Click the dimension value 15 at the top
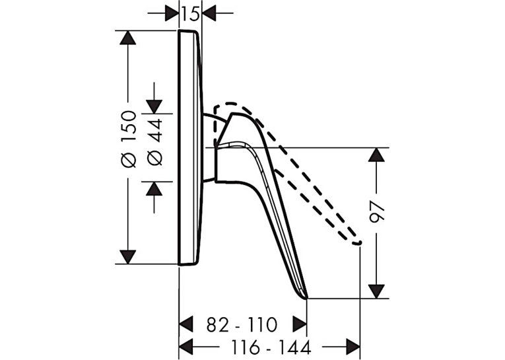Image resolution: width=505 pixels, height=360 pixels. (190, 14)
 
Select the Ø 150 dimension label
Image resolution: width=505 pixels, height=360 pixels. (129, 139)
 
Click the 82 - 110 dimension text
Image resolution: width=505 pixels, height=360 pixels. (242, 324)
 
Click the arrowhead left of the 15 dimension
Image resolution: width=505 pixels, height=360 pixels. (172, 13)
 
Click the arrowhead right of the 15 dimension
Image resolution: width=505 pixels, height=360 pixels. (209, 13)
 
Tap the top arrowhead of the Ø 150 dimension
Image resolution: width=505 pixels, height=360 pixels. (128, 38)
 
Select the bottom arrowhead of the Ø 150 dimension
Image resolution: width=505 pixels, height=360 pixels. (128, 257)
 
